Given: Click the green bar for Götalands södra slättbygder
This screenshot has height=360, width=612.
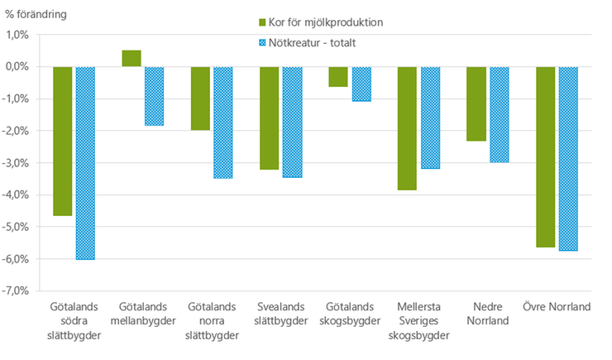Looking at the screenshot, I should pos(63,141).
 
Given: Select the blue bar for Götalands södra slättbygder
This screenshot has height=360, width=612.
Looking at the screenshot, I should pos(85,162).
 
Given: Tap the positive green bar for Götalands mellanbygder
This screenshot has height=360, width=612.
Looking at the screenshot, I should pos(131,58).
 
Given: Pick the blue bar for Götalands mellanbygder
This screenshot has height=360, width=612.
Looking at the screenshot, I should pos(154,96).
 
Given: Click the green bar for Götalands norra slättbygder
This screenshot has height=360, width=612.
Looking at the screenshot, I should pos(200,98).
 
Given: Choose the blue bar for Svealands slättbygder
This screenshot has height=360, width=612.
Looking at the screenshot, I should pos(292,122).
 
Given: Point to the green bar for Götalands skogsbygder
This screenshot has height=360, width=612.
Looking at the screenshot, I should pos(338,76).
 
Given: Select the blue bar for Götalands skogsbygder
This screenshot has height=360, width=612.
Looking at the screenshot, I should pos(361,84).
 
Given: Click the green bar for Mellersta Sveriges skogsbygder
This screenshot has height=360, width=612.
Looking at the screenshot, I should pos(407,128).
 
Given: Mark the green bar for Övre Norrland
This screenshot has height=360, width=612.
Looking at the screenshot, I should pos(545,156).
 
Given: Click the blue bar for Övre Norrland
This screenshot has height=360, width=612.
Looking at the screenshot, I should pos(567,158).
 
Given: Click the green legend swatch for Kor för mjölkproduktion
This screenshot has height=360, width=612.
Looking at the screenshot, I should pos(264,22).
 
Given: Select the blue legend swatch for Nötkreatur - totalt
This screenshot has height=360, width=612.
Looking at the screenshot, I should pos(264,42).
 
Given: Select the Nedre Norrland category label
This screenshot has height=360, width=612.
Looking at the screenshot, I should pos(488,314).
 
